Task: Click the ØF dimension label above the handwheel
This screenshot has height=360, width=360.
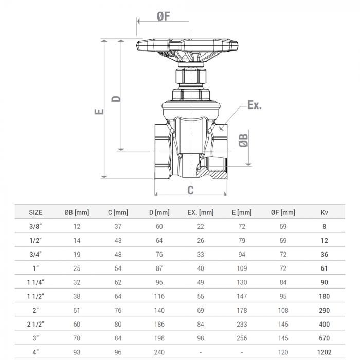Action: pyautogui.click(x=163, y=16)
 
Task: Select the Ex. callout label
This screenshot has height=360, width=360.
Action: pyautogui.click(x=254, y=105)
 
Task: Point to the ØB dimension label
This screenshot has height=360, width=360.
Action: pyautogui.click(x=244, y=140)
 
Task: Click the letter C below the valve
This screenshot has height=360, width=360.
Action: pyautogui.click(x=190, y=190)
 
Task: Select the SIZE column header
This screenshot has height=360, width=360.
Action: pyautogui.click(x=35, y=212)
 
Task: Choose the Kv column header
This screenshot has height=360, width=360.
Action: pyautogui.click(x=324, y=212)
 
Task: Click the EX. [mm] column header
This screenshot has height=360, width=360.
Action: pyautogui.click(x=200, y=212)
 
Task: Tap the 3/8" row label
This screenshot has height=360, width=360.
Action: pyautogui.click(x=35, y=226)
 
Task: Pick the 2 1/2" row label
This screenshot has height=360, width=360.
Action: pyautogui.click(x=35, y=324)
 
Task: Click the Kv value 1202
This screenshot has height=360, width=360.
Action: pyautogui.click(x=324, y=352)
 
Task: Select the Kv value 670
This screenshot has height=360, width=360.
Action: pyautogui.click(x=324, y=338)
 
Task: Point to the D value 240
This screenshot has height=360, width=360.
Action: pyautogui.click(x=159, y=352)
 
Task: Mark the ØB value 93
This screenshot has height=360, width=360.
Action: pyautogui.click(x=77, y=352)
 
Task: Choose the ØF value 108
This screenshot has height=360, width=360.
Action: pyautogui.click(x=283, y=310)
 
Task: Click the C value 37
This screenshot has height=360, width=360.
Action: pyautogui.click(x=118, y=226)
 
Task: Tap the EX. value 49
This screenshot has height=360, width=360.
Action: pyautogui.click(x=200, y=282)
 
